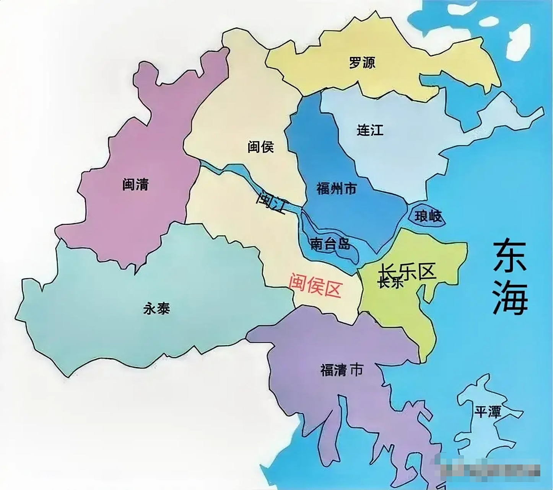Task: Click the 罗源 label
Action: (362, 62)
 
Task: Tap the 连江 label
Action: (370, 130)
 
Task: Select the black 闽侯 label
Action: (260, 147)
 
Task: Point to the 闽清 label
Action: (135, 185)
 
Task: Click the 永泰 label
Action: (156, 308)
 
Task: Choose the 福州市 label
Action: (337, 188)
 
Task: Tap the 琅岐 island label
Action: (428, 217)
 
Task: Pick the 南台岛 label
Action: (330, 244)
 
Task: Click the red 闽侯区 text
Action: (314, 285)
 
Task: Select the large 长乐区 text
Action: (407, 271)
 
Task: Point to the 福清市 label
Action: (342, 370)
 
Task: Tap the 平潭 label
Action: (487, 412)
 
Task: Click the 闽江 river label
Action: (272, 202)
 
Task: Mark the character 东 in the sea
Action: (510, 256)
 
